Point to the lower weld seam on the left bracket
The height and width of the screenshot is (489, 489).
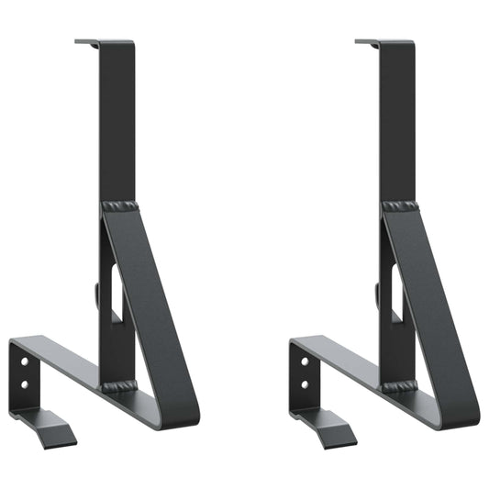(x=119, y=386)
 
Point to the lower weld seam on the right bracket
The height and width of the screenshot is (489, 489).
(x=399, y=386)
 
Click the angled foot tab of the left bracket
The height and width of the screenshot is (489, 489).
(x=55, y=429)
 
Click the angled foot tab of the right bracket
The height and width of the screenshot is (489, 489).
(x=335, y=429)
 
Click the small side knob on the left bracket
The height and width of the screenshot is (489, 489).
(x=97, y=295)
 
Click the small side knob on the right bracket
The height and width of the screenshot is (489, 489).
(x=377, y=295)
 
